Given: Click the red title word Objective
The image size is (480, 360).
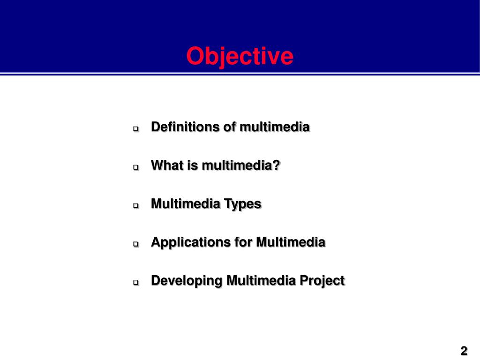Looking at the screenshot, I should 240,57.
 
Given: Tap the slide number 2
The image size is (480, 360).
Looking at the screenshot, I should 464,351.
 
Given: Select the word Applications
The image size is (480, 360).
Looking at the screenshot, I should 184,243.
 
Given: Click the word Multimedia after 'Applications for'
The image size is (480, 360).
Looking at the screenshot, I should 291,242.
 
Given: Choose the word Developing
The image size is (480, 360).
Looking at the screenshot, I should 187,281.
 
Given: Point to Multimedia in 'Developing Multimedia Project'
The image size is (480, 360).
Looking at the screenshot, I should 261,281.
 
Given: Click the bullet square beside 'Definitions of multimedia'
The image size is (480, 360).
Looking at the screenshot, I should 136,128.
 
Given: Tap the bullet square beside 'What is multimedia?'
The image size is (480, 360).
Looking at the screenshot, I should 136,167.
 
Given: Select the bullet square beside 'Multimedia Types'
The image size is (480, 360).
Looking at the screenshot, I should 136,205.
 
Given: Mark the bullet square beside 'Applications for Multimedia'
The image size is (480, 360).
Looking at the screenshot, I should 136,244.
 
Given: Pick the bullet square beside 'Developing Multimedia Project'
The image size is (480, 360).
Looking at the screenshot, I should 136,282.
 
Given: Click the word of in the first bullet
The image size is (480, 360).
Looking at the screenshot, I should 230,127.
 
